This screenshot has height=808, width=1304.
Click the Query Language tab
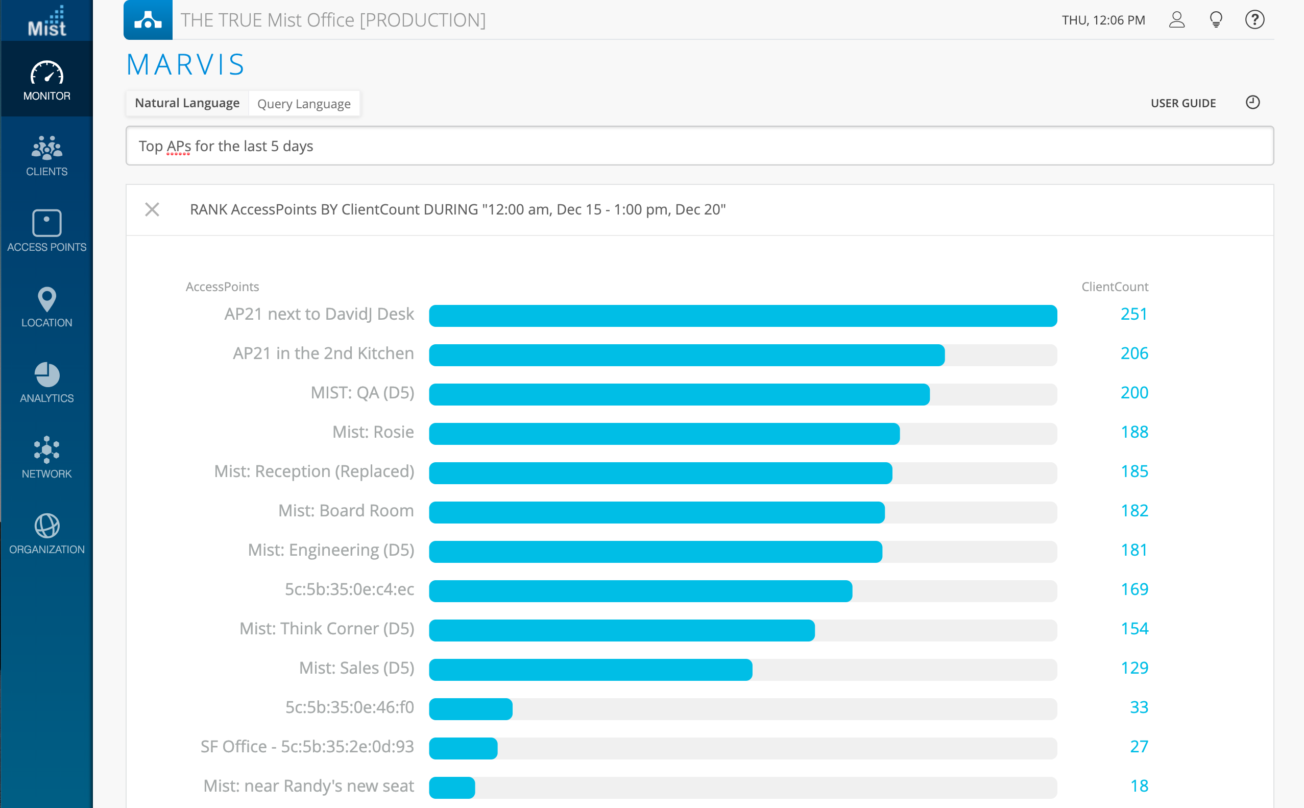pyautogui.click(x=303, y=104)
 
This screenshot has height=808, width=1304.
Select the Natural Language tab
pyautogui.click(x=187, y=103)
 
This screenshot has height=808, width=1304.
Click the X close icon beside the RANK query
pyautogui.click(x=152, y=209)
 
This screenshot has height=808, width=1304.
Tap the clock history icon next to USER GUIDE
pyautogui.click(x=1252, y=102)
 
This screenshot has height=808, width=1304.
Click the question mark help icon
pyautogui.click(x=1254, y=20)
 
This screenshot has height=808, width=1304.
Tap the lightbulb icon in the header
pyautogui.click(x=1215, y=20)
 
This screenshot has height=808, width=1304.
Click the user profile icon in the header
pyautogui.click(x=1176, y=20)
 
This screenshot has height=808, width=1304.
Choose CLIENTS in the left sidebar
pyautogui.click(x=47, y=155)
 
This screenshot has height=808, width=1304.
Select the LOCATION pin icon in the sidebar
pyautogui.click(x=47, y=299)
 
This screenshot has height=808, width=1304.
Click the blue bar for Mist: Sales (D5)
pyautogui.click(x=590, y=670)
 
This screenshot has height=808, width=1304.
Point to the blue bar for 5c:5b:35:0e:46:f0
pyautogui.click(x=471, y=709)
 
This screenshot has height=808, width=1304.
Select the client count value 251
pyautogui.click(x=1133, y=314)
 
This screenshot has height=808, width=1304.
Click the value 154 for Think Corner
pyautogui.click(x=1133, y=629)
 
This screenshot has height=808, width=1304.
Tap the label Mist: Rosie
pyautogui.click(x=373, y=432)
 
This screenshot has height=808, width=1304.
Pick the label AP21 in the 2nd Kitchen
pyautogui.click(x=323, y=353)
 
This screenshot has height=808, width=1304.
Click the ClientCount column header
pyautogui.click(x=1115, y=287)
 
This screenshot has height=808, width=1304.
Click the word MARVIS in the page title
pyautogui.click(x=185, y=65)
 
